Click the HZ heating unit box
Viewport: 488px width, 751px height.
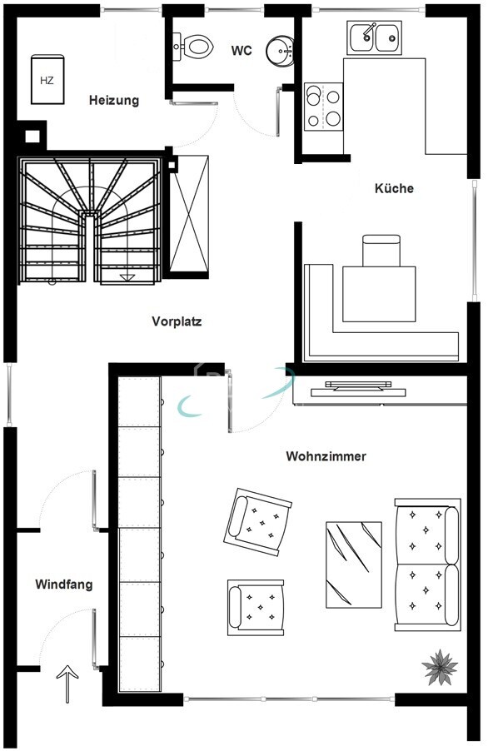coord(47,79)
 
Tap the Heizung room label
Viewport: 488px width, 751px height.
coord(114,101)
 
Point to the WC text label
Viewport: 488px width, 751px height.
coord(242,51)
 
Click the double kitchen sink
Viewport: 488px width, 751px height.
coord(374,37)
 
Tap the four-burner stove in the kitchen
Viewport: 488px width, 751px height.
coord(324,107)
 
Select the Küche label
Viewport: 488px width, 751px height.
coord(394,188)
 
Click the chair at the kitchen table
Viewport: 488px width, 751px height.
coord(381,251)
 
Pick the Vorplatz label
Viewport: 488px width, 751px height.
coord(177,321)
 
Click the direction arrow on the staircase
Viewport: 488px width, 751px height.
coord(127,277)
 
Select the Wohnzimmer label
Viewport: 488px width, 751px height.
coord(326,456)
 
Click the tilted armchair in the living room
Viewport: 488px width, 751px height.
coord(257,521)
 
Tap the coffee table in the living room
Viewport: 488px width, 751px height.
coord(354,564)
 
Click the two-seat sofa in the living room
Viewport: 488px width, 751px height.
coord(427,564)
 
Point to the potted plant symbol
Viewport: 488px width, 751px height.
coord(440,667)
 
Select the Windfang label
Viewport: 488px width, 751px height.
coord(63,584)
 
